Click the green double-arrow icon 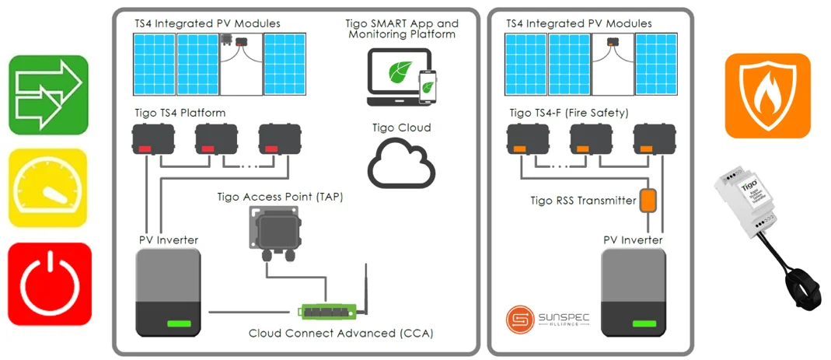[48, 95]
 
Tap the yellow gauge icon [48, 187]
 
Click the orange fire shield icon [767, 96]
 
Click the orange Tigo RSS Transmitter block [648, 201]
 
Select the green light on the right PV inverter [644, 323]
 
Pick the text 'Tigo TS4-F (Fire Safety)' [568, 114]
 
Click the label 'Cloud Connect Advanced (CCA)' [340, 334]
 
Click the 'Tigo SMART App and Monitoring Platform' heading [402, 29]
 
